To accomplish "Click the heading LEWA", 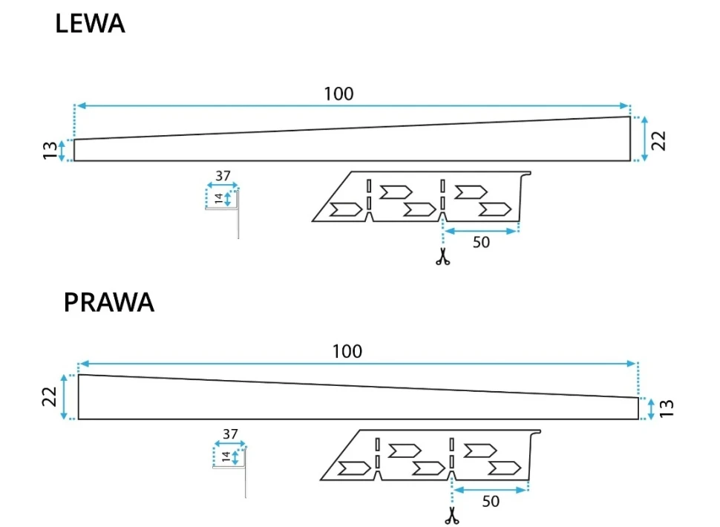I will click(90, 24).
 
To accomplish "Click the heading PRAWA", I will click(108, 303).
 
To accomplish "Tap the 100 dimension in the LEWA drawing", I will click(338, 94).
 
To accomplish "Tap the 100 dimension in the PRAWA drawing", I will click(347, 351).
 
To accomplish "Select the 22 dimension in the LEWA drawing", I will click(659, 140).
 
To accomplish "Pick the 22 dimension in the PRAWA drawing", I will click(50, 398).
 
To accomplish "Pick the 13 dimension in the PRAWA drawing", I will click(667, 408).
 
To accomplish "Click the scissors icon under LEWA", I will click(443, 258).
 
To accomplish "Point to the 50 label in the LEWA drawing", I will click(481, 243).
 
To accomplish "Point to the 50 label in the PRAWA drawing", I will click(491, 501).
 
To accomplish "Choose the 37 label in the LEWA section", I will click(223, 176).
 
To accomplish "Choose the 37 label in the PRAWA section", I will click(230, 433).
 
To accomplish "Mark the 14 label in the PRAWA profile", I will click(226, 456).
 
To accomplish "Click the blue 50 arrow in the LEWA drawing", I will click(480, 231).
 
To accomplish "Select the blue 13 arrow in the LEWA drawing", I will click(63, 151).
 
